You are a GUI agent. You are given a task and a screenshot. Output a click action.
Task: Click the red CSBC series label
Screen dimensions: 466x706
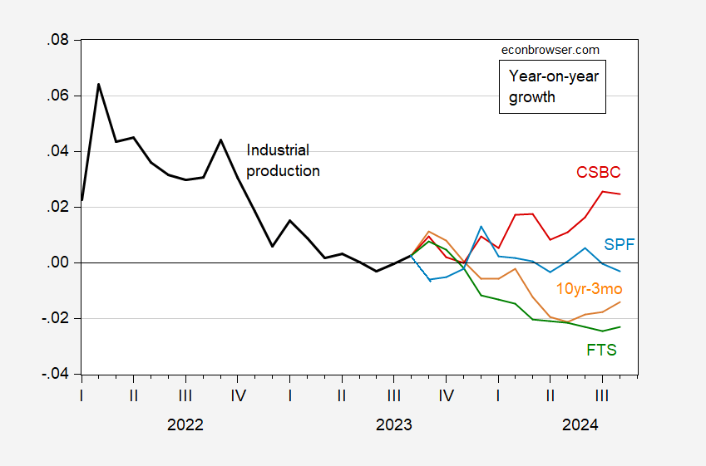[599, 173]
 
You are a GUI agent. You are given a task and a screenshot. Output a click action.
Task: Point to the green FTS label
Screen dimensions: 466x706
[601, 350]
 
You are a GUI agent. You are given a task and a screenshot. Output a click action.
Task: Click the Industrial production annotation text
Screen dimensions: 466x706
[283, 160]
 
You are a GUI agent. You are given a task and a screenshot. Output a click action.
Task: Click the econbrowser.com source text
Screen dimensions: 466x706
[550, 50]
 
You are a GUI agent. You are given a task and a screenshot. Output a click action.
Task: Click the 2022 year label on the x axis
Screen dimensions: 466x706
[185, 424]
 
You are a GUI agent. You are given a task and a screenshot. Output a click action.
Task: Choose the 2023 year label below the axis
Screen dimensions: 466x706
[393, 424]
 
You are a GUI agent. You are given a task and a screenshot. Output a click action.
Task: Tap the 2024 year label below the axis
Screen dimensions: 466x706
[580, 424]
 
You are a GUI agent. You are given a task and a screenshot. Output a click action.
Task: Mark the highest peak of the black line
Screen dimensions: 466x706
[99, 84]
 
